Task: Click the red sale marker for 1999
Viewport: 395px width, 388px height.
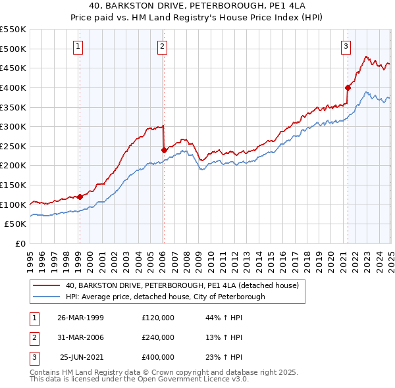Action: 80,196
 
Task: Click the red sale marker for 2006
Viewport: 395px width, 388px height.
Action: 164,150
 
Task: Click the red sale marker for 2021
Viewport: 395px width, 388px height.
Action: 347,87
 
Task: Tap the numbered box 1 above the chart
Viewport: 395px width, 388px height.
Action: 78,46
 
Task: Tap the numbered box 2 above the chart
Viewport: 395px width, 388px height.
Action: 162,46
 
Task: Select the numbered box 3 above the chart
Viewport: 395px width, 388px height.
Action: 346,46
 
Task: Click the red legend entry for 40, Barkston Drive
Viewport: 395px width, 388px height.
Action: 182,285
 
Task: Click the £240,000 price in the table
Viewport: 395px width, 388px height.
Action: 158,337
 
